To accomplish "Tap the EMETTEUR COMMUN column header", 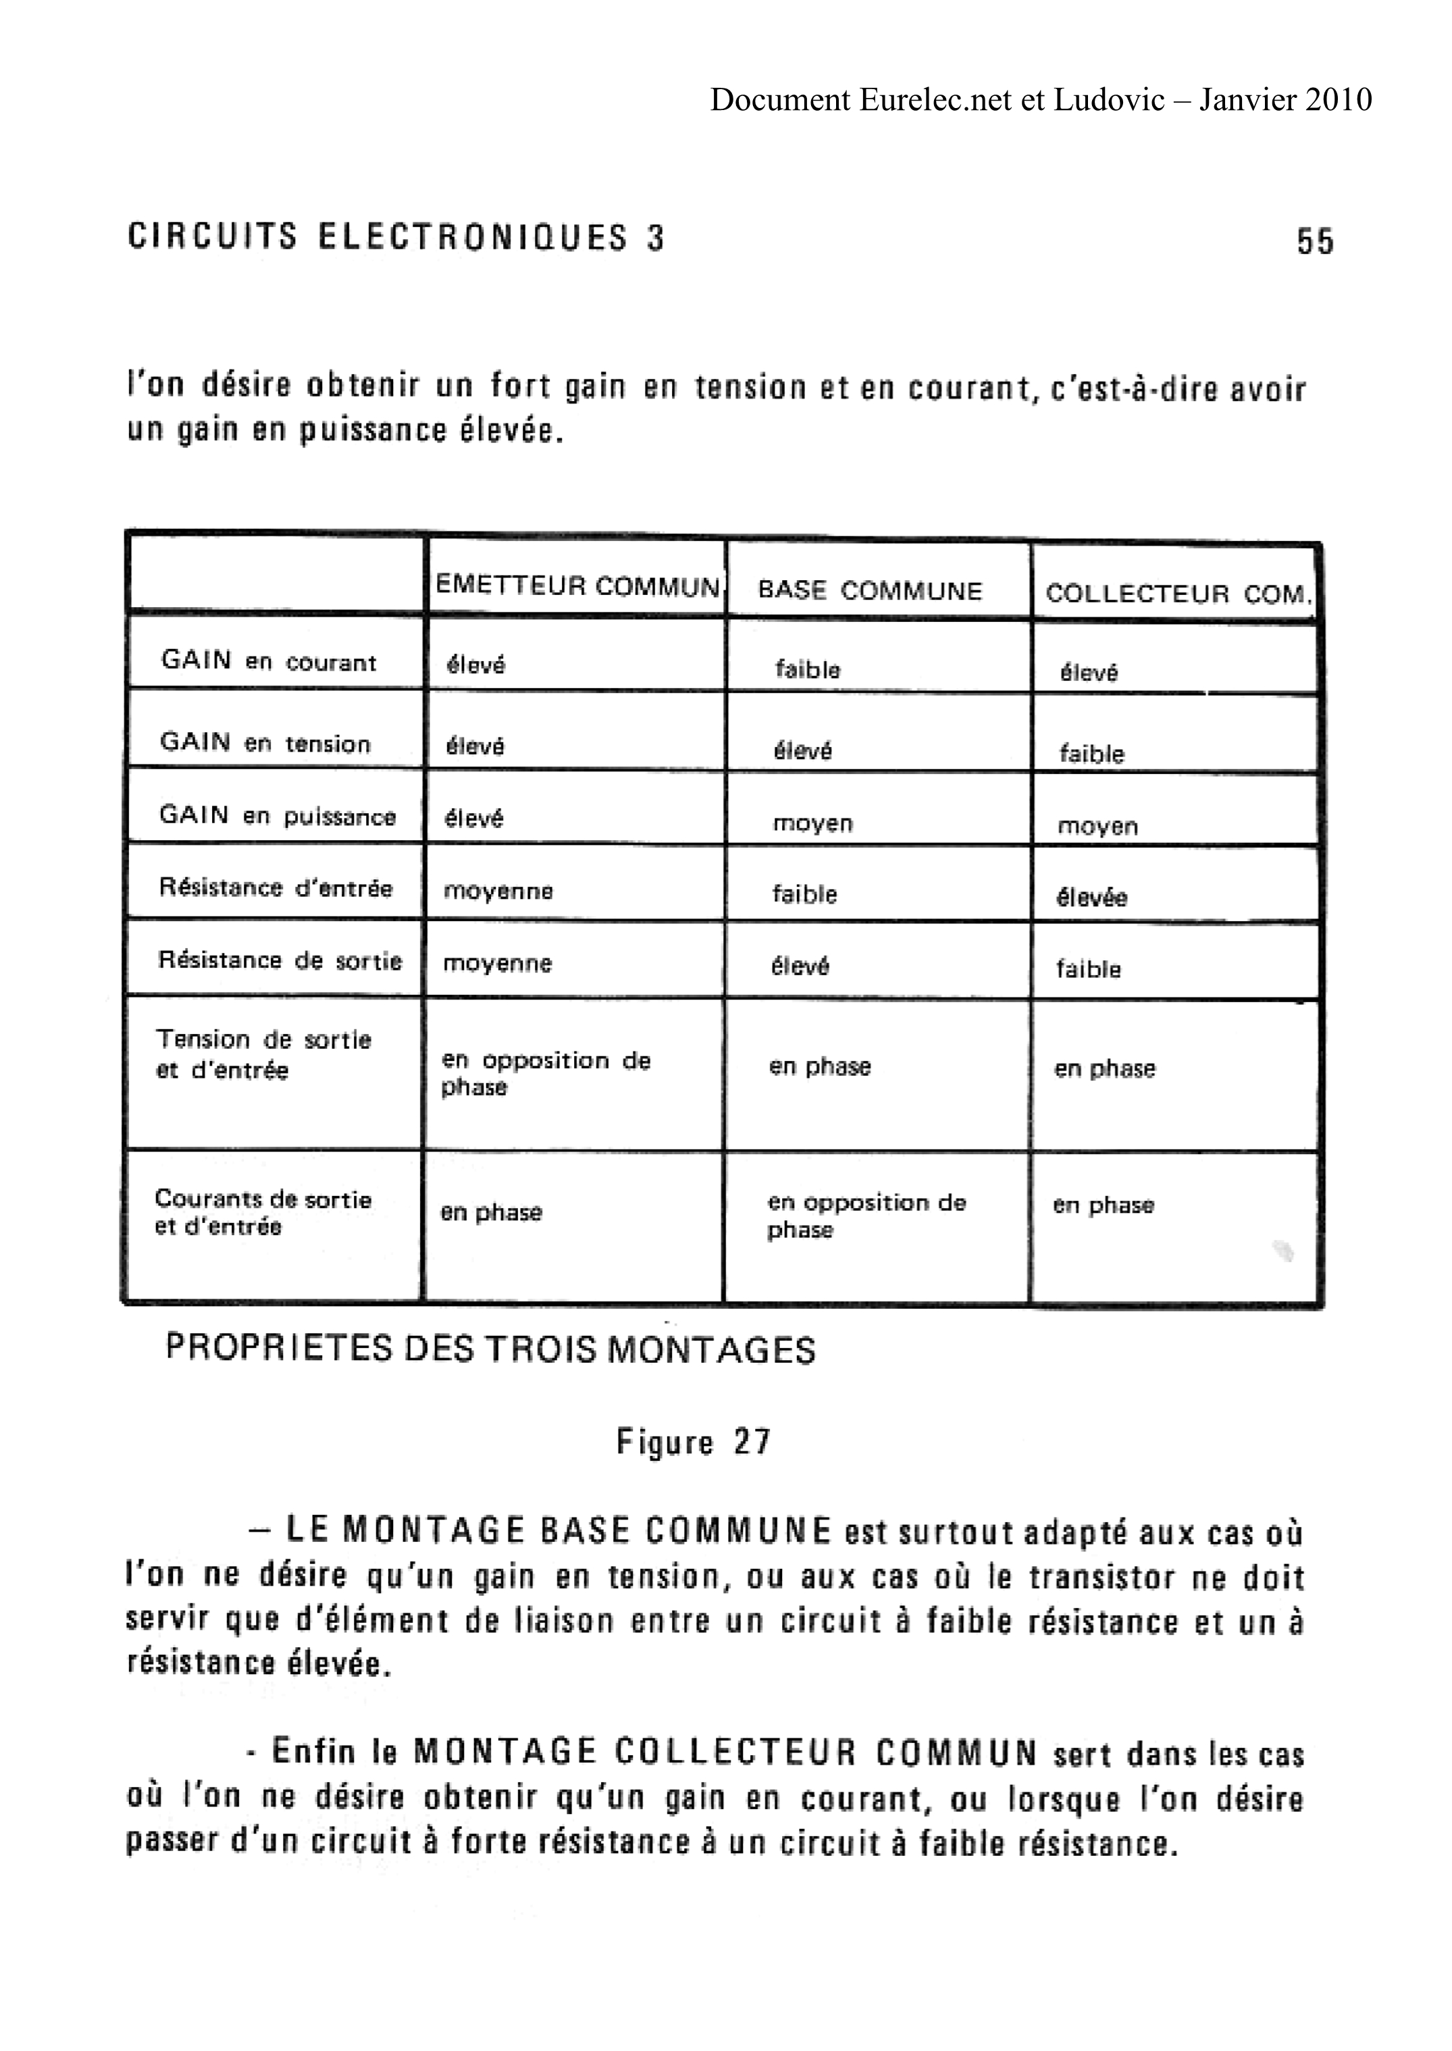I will coord(577,586).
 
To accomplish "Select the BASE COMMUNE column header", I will coord(870,591).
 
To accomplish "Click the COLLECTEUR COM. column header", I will coord(1178,594).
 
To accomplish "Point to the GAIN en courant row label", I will coord(268,662).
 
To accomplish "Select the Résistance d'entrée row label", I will coord(276,888).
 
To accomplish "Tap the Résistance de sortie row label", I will coord(280,960).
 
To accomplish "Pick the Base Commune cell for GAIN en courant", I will coord(807,670).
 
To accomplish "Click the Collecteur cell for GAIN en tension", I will coord(1091,754).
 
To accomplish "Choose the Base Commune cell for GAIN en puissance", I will coord(812,823).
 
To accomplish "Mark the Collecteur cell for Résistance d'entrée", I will coord(1091,897).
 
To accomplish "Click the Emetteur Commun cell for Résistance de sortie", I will coord(497,964).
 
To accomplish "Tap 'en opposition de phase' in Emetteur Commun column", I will coord(546,1073).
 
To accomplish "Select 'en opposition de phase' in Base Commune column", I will coord(866,1215).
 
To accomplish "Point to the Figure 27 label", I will coord(693,1442).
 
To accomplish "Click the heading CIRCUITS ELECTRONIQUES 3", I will coord(396,238).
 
